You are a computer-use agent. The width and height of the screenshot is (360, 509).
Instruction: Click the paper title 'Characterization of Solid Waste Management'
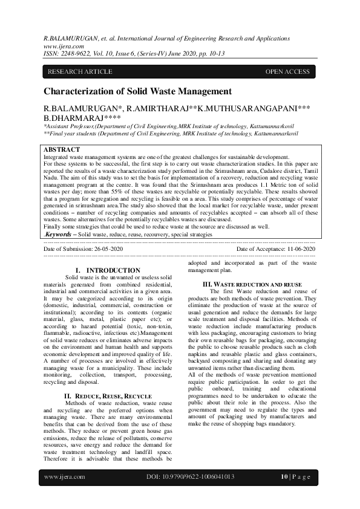(137, 91)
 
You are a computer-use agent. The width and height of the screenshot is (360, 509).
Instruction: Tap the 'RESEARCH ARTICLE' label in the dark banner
(80, 72)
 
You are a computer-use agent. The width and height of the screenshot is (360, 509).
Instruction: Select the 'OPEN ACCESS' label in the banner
(287, 72)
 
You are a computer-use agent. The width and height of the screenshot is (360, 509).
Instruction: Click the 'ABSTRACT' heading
(62, 149)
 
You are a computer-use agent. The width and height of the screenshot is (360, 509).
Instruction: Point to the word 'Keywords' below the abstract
(60, 233)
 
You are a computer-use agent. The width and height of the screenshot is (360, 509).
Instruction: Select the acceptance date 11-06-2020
(293, 248)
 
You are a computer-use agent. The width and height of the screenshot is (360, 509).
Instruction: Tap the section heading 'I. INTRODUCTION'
(107, 270)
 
